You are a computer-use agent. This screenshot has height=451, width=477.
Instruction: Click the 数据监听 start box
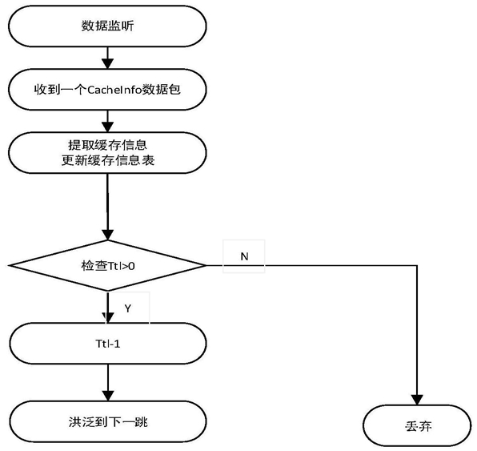click(107, 26)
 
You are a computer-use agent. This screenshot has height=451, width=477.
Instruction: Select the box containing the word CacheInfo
click(107, 90)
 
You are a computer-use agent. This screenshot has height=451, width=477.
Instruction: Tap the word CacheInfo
click(114, 90)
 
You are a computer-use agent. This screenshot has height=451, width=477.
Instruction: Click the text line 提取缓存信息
click(108, 145)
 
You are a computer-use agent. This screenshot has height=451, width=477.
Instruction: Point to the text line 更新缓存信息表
click(108, 160)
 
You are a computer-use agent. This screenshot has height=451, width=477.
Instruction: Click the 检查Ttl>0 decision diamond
click(107, 265)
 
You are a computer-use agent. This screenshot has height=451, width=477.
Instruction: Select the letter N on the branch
click(244, 256)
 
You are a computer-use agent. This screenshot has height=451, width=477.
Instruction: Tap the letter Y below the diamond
click(128, 308)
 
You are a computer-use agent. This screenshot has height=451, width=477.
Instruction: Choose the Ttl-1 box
click(108, 344)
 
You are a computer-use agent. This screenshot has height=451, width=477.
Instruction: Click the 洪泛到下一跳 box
click(108, 422)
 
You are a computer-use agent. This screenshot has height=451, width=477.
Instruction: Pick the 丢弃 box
click(417, 425)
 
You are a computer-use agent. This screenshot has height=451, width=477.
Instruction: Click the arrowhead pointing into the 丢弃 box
click(417, 400)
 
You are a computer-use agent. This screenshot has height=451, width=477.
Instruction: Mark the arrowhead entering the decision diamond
click(107, 235)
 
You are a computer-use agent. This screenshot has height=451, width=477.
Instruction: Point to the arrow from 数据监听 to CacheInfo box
click(107, 58)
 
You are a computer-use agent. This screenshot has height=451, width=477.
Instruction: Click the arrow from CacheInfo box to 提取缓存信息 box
click(107, 121)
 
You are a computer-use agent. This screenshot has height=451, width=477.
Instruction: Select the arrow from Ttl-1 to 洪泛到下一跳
click(108, 382)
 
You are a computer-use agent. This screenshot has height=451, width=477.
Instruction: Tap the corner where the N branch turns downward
click(417, 265)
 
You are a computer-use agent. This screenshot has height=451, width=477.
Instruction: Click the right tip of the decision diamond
click(206, 265)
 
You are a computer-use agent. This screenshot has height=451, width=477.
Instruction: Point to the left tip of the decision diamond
click(9, 265)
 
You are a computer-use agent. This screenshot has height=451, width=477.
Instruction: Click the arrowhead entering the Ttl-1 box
click(108, 318)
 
